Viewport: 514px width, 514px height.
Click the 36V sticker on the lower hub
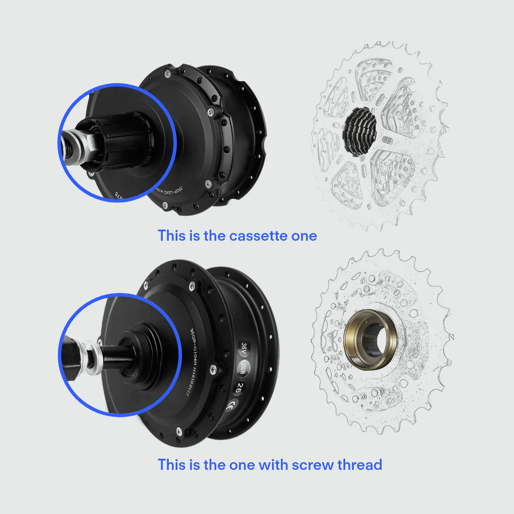click(244, 348)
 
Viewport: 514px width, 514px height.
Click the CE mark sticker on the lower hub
click(233, 405)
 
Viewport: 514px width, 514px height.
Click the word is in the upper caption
click(194, 236)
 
